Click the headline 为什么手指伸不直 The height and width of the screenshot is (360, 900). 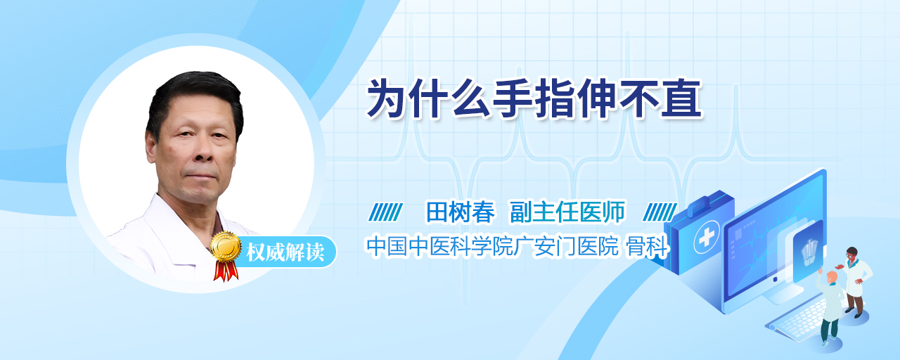tap(534, 99)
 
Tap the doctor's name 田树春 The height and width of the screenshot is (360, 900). tap(461, 212)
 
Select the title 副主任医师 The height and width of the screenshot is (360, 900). tap(567, 212)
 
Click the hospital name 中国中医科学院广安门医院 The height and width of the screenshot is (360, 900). tap(493, 246)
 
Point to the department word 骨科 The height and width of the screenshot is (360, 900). tap(648, 246)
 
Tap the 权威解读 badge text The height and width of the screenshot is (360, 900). tap(285, 252)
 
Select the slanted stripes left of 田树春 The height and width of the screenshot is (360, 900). tap(386, 212)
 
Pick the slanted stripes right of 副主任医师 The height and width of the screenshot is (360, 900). tap(660, 212)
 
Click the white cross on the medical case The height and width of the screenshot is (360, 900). tap(707, 237)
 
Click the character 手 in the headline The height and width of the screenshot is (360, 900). tap(513, 99)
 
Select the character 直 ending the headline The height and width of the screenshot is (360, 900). tap(681, 99)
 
